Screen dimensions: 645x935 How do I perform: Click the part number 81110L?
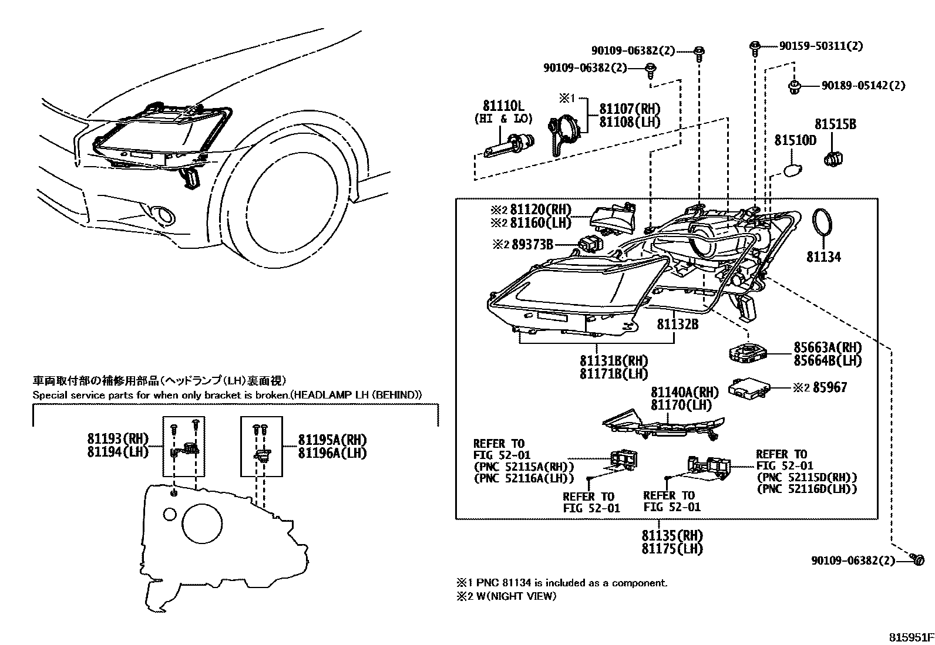[503, 106]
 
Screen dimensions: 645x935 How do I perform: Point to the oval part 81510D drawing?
[792, 171]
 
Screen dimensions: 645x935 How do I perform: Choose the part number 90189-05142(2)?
[863, 86]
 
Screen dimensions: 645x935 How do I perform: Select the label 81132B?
[677, 323]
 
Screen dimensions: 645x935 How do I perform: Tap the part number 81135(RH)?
[672, 536]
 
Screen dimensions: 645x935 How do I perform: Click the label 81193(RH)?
[118, 438]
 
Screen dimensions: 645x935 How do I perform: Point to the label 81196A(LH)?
[332, 452]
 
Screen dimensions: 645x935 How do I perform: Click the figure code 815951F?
[910, 637]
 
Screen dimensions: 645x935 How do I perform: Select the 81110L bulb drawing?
[509, 145]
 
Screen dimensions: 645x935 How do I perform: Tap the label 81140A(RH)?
[684, 392]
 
